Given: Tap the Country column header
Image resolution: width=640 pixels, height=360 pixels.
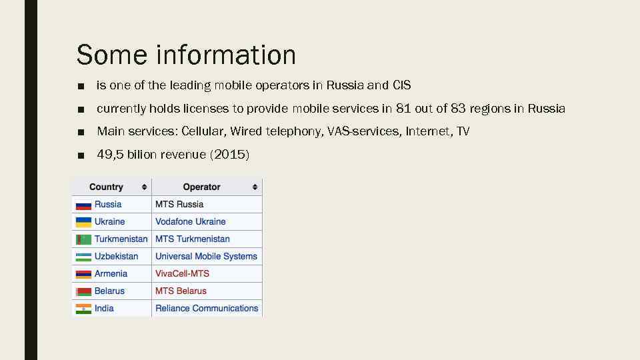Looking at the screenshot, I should [x=106, y=187].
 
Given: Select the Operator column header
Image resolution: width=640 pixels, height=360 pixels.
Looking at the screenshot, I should [x=201, y=187].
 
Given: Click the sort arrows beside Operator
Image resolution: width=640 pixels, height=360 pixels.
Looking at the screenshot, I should [x=255, y=187].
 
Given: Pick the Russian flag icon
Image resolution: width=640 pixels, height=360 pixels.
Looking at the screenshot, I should [x=83, y=205].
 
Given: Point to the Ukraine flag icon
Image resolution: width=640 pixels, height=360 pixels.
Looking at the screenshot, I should [x=83, y=222].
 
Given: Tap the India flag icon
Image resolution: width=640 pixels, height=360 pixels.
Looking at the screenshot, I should [x=83, y=309].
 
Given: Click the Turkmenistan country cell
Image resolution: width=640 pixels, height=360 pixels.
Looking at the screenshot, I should [x=121, y=239].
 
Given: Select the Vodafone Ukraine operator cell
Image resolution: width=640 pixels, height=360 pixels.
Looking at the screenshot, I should [x=191, y=221].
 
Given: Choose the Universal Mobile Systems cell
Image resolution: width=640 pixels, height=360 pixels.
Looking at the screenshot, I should [x=206, y=256].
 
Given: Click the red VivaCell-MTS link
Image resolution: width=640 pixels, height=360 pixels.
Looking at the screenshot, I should [x=182, y=273].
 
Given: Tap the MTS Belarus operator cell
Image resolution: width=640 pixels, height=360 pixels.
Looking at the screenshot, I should [x=181, y=291].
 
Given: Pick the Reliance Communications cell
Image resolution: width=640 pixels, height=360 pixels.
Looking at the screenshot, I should [x=207, y=308].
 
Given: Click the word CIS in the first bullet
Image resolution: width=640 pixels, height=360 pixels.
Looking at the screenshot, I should [x=402, y=85].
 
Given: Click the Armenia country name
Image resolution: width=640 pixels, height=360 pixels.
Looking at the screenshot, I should [x=111, y=273].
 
